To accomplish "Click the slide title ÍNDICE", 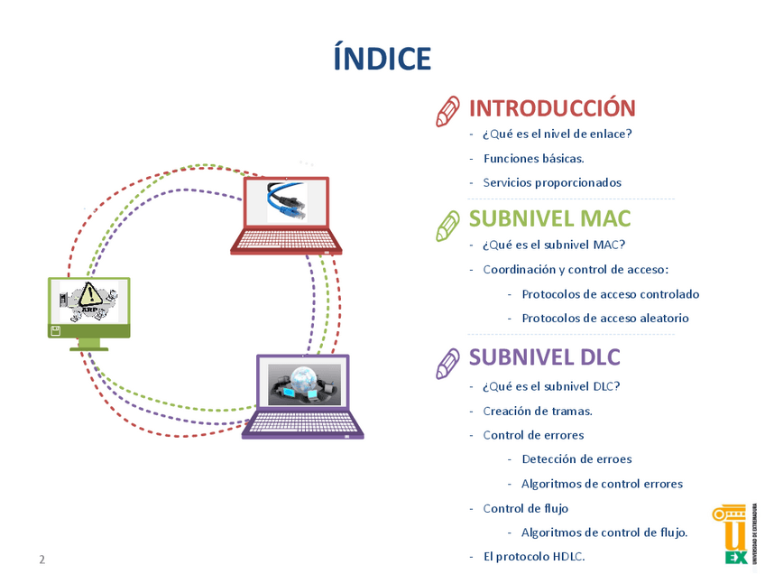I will [x=382, y=58].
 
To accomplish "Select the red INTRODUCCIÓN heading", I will [x=552, y=108].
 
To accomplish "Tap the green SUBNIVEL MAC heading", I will [x=549, y=218].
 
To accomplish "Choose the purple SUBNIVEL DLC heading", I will [x=545, y=357].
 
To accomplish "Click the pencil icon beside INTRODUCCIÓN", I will [x=448, y=111].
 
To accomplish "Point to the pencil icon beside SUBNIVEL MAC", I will [x=448, y=224].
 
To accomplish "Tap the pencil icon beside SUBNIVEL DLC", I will [x=448, y=361].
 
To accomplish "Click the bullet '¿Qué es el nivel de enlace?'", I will [x=557, y=134].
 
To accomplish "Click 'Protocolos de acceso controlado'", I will [x=610, y=294].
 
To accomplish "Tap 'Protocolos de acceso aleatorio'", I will [x=604, y=318].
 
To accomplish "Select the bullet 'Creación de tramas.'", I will [x=538, y=411].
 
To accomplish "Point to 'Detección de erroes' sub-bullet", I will [x=576, y=458].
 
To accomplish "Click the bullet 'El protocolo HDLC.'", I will [x=534, y=556].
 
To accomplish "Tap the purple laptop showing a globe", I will [x=303, y=395].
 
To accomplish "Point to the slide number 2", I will [x=41, y=560].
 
